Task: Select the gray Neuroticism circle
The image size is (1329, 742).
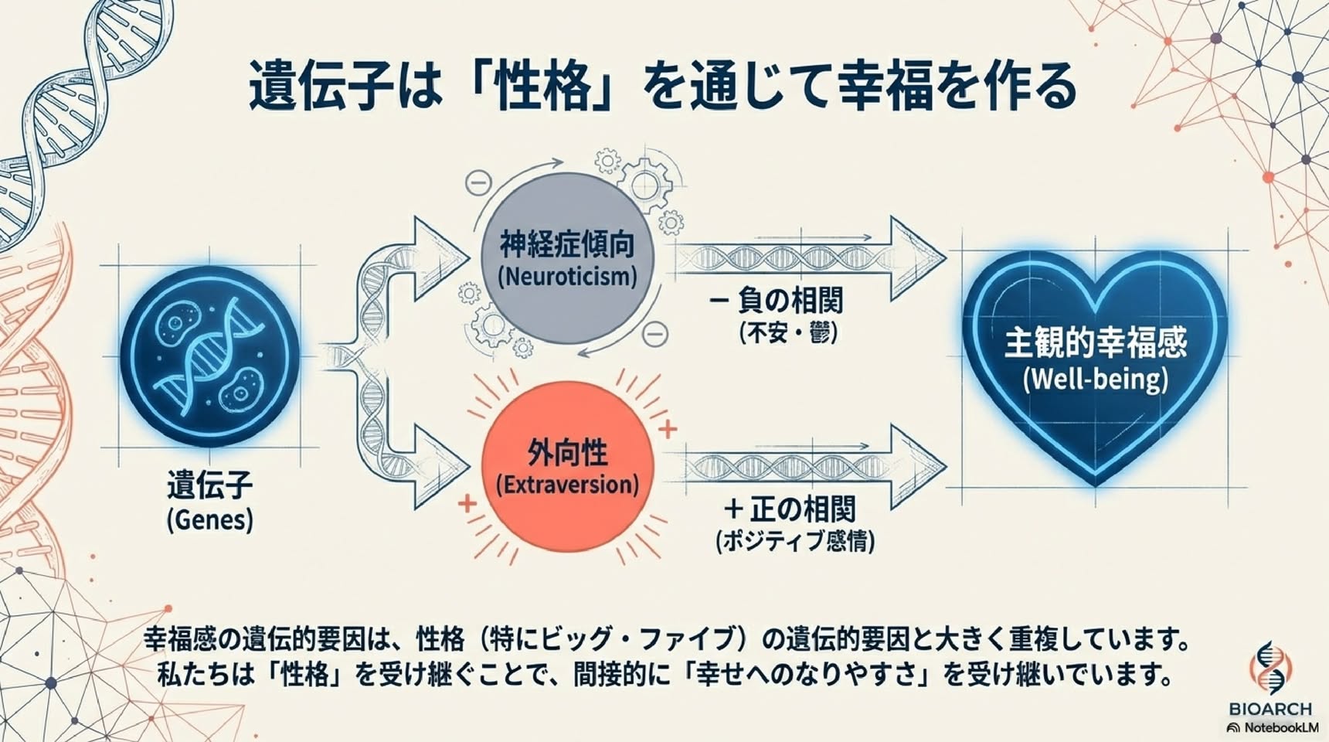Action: click(567, 258)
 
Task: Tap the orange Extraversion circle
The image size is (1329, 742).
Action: click(568, 467)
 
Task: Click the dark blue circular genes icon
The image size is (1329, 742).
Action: click(209, 356)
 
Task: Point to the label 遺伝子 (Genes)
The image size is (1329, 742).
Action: click(210, 502)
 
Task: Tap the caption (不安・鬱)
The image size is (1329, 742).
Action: click(788, 333)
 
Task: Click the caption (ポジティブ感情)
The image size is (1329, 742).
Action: click(796, 541)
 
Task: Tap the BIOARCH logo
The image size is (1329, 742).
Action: click(1270, 680)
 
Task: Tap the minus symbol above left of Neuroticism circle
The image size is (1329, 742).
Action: click(479, 183)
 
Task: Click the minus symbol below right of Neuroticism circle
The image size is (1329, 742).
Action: click(656, 334)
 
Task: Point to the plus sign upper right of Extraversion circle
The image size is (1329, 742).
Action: click(667, 429)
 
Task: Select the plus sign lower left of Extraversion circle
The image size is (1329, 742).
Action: click(467, 504)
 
